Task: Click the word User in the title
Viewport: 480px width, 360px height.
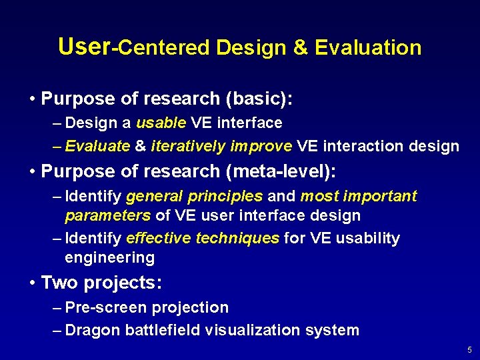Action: pos(83,46)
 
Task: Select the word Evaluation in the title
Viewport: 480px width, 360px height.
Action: pos(368,48)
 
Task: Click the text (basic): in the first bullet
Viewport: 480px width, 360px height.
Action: pos(259,99)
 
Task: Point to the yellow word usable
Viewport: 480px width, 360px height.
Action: pos(161,123)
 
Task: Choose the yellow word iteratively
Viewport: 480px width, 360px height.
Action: pos(188,147)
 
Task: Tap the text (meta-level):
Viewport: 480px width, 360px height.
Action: pos(281,171)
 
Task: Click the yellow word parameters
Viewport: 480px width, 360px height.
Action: pos(107,216)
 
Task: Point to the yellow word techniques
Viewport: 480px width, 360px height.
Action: pos(237,239)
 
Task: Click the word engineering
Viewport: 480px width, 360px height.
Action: pos(109,258)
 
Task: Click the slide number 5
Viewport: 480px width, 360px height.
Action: pos(469,350)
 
